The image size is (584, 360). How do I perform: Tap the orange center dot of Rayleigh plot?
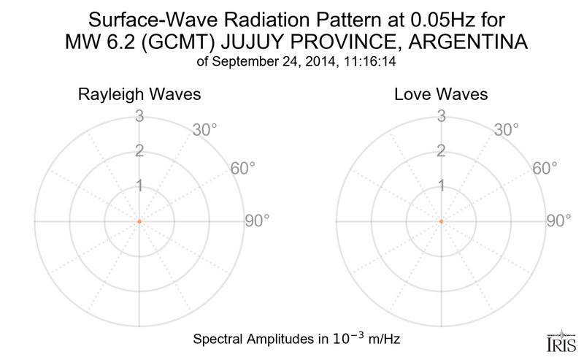pyautogui.click(x=139, y=221)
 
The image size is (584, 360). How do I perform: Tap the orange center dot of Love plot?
pyautogui.click(x=441, y=221)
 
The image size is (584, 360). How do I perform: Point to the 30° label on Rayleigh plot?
pyautogui.click(x=206, y=131)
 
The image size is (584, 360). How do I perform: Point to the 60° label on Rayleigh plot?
pyautogui.click(x=243, y=169)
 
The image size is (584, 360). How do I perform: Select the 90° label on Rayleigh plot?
pyautogui.click(x=257, y=221)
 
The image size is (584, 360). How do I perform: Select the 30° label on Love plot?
pyautogui.click(x=508, y=131)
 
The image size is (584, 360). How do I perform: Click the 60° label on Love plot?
pyautogui.click(x=545, y=169)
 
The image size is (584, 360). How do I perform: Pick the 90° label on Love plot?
pyautogui.click(x=559, y=221)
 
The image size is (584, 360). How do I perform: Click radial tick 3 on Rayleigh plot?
pyautogui.click(x=139, y=115)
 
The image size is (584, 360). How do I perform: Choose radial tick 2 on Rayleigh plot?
pyautogui.click(x=139, y=151)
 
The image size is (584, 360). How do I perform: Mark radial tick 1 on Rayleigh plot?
pyautogui.click(x=139, y=186)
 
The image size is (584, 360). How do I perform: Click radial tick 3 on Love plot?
pyautogui.click(x=441, y=115)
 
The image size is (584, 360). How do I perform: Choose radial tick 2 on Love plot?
pyautogui.click(x=441, y=151)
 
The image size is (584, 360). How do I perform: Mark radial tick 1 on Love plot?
pyautogui.click(x=441, y=186)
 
